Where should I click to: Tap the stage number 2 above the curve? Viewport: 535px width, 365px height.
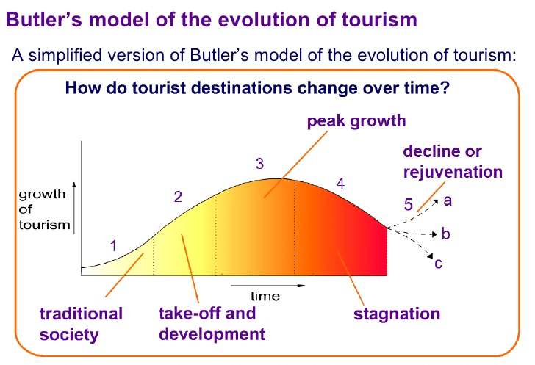178,197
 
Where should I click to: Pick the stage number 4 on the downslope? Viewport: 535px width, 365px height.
340,184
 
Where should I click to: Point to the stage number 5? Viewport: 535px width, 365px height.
409,203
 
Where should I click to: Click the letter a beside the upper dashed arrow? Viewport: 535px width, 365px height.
447,200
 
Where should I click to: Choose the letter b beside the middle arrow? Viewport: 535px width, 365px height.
445,234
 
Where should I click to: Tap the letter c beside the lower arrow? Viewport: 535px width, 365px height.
439,262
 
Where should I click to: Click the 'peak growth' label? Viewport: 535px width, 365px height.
356,120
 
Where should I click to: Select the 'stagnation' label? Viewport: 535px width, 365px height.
397,314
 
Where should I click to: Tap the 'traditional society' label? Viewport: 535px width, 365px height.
81,325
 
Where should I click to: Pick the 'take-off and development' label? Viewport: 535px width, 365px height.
212,324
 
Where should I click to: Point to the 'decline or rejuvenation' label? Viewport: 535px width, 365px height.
453,162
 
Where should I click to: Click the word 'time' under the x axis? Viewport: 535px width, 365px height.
265,296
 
